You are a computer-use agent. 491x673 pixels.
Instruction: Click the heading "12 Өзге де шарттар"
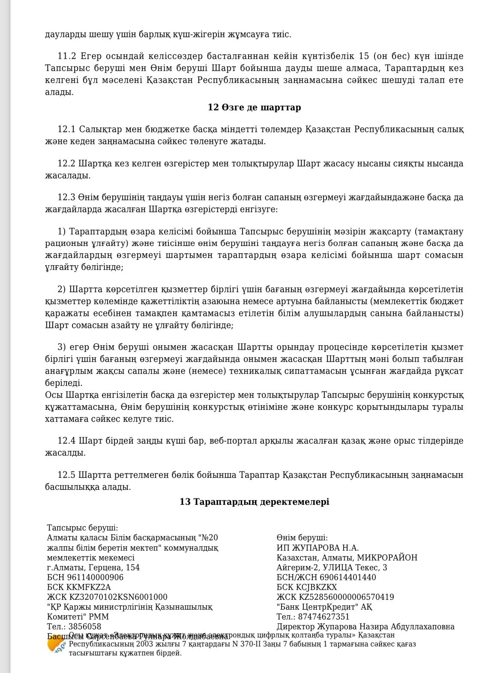pos(254,107)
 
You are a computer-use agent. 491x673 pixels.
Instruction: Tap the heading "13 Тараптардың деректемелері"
pos(254,502)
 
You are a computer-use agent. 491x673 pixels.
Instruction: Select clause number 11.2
pos(66,56)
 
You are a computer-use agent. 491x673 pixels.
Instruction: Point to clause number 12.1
pos(66,129)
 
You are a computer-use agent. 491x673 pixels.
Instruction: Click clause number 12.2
pos(66,163)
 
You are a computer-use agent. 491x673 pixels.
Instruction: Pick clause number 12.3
pos(66,198)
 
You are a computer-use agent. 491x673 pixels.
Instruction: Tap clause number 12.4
pos(66,441)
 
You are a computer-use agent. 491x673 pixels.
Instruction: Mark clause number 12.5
pos(66,475)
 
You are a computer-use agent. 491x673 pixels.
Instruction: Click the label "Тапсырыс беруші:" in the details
pos(82,528)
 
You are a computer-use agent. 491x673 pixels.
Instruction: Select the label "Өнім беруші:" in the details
pos(302,538)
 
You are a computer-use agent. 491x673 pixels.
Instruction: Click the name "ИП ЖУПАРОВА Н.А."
pos(317,548)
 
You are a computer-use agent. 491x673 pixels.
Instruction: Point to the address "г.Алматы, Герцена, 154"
pos(93,567)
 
